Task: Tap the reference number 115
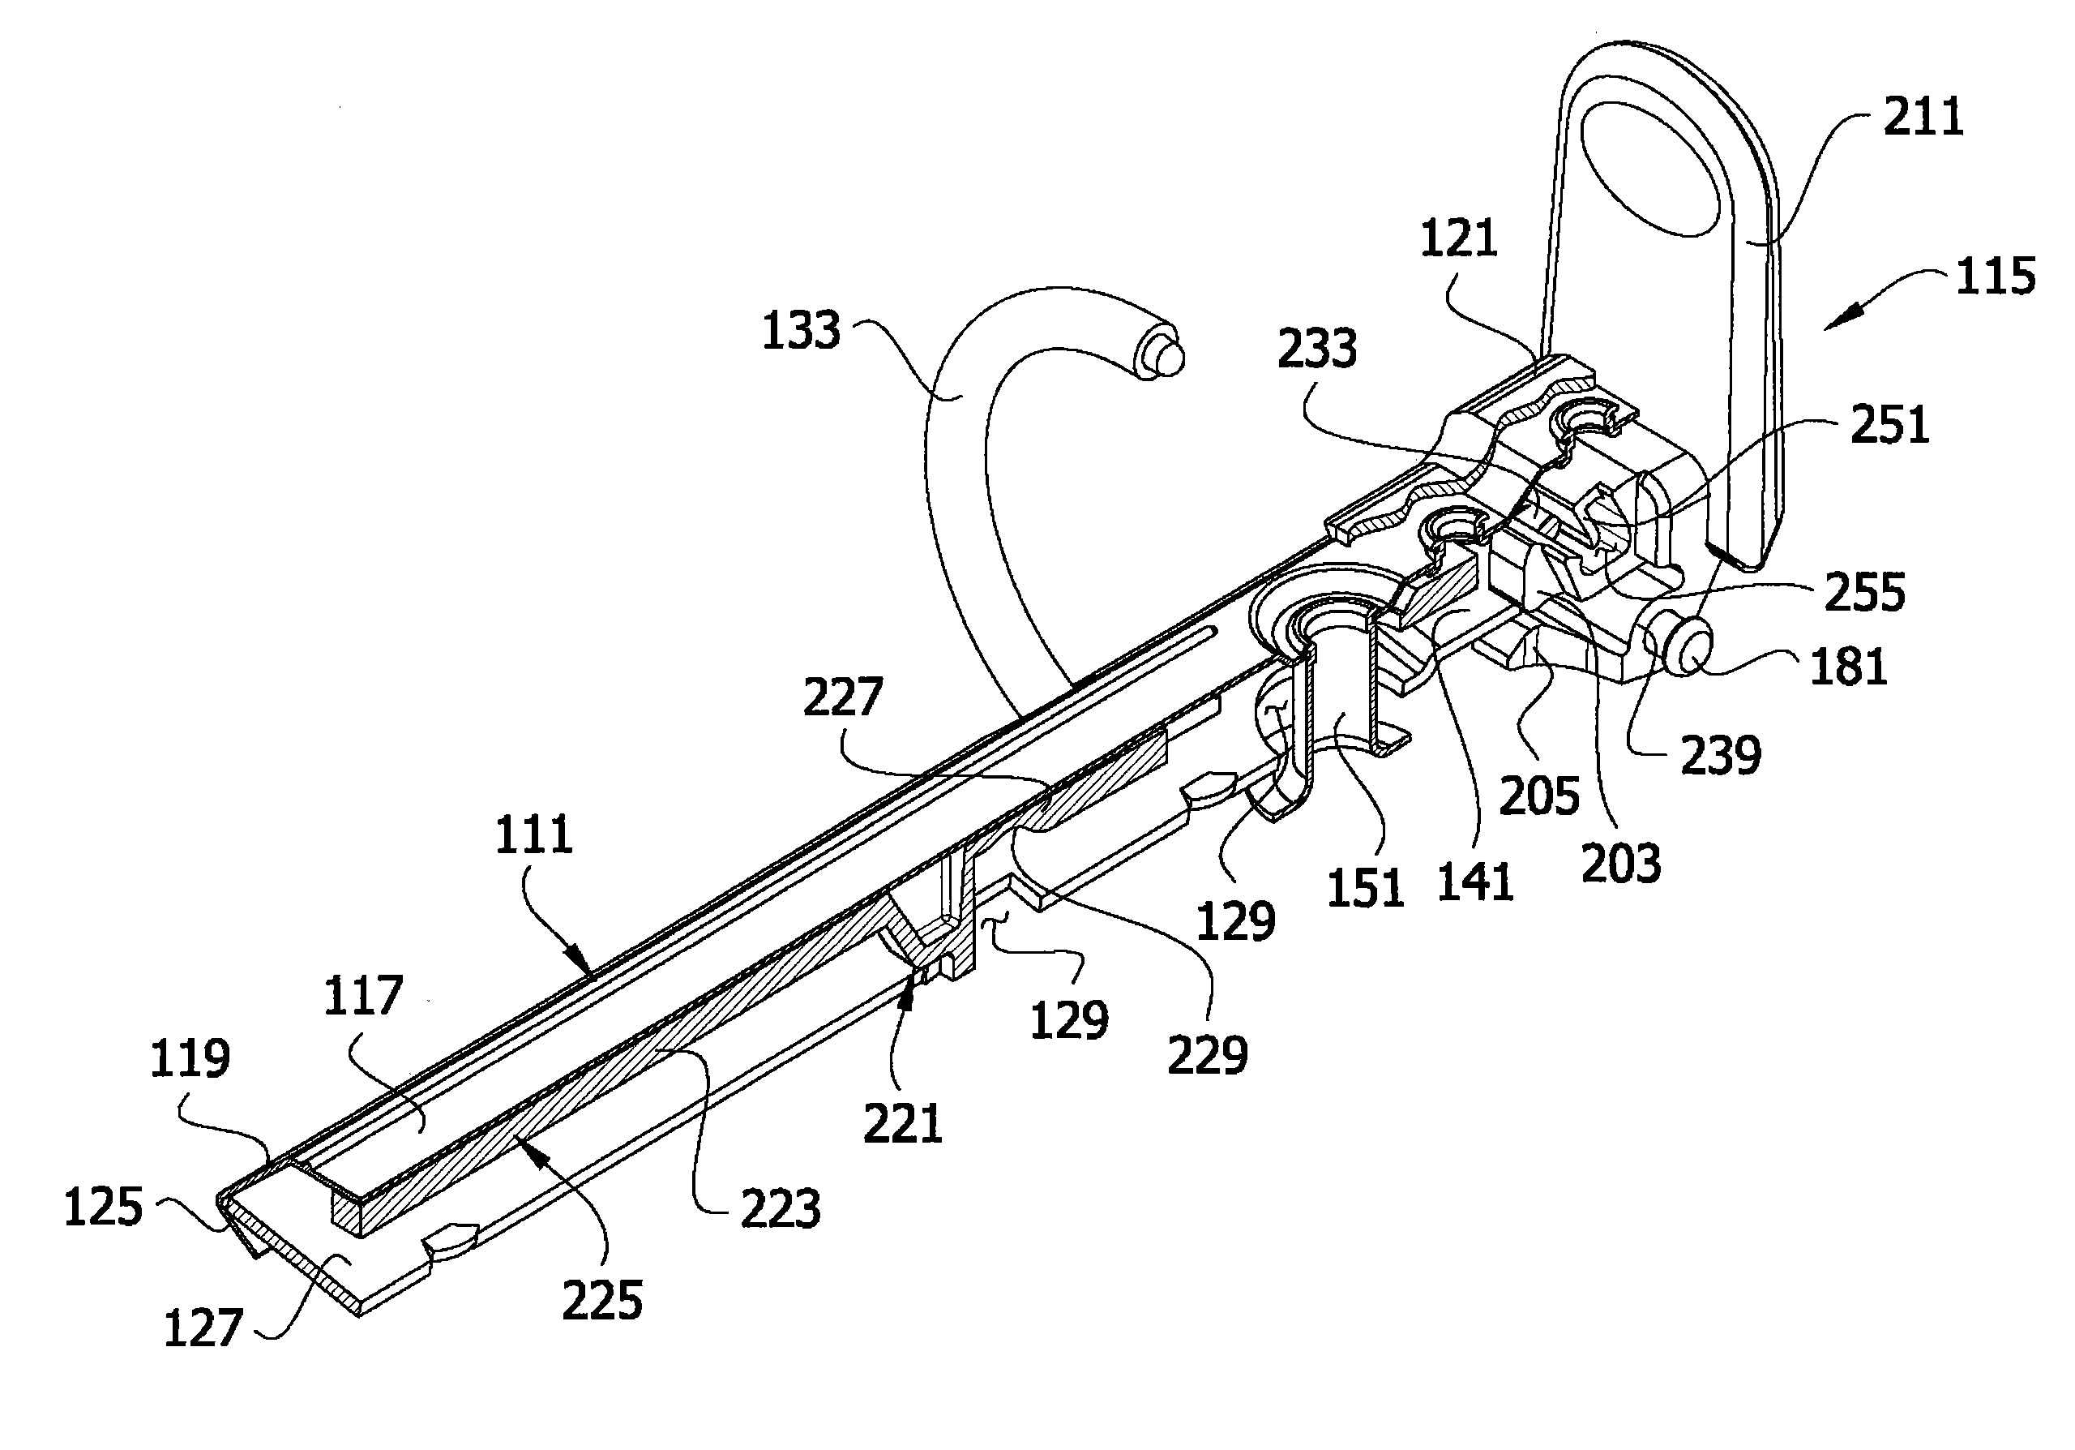tap(1996, 276)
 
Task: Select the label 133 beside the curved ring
tap(801, 330)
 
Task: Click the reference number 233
tap(1317, 348)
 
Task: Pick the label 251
tap(1889, 425)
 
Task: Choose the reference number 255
tap(1864, 592)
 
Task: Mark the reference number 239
tap(1721, 755)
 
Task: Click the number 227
tap(842, 697)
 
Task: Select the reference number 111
tap(534, 834)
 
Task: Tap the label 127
tap(203, 1328)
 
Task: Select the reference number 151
tap(1365, 887)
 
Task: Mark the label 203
tap(1620, 862)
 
